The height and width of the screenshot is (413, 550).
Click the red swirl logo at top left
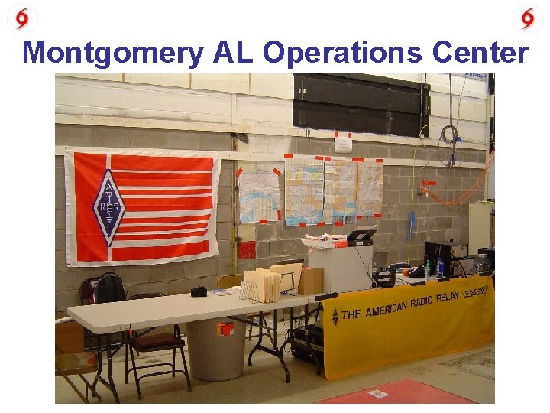21,18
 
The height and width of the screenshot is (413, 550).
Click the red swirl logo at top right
528,18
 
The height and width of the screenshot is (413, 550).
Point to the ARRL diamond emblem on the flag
108,206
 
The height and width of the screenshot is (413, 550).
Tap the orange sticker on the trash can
225,329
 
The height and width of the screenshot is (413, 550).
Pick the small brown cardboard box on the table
310,281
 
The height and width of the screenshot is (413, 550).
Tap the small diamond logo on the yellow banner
335,315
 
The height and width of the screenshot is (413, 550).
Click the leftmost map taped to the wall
259,196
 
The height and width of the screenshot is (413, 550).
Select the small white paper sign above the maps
342,142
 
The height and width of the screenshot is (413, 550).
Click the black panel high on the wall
361,105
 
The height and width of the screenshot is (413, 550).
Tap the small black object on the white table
199,291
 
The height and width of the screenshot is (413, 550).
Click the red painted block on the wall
247,250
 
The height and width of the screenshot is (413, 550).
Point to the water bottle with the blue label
439,268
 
